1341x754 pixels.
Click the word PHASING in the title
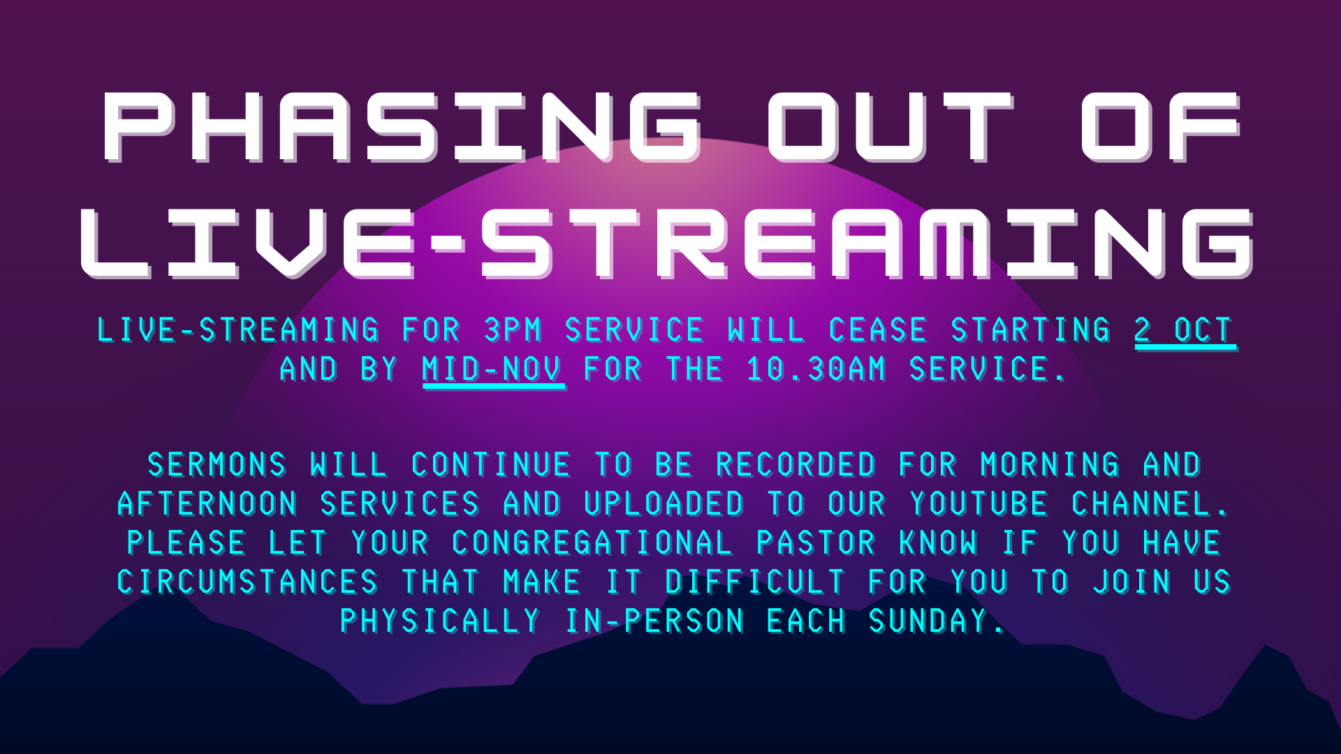pyautogui.click(x=402, y=127)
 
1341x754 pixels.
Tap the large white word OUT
pyautogui.click(x=890, y=127)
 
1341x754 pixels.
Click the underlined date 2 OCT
pyautogui.click(x=1185, y=331)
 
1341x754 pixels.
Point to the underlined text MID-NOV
pyautogui.click(x=493, y=370)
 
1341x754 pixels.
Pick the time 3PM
pyautogui.click(x=513, y=330)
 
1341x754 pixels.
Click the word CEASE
pyautogui.click(x=878, y=330)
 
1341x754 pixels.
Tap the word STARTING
pyautogui.click(x=1031, y=330)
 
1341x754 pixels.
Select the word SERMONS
pyautogui.click(x=217, y=466)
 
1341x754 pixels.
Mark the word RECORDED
pyautogui.click(x=796, y=466)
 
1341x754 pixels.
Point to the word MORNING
pyautogui.click(x=1050, y=466)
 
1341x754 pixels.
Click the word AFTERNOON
pyautogui.click(x=208, y=505)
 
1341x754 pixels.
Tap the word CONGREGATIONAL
pyautogui.click(x=592, y=544)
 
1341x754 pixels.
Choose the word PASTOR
pyautogui.click(x=816, y=544)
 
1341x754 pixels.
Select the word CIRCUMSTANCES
pyautogui.click(x=248, y=583)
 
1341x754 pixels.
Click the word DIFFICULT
pyautogui.click(x=756, y=583)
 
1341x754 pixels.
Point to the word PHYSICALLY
pyautogui.click(x=441, y=622)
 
